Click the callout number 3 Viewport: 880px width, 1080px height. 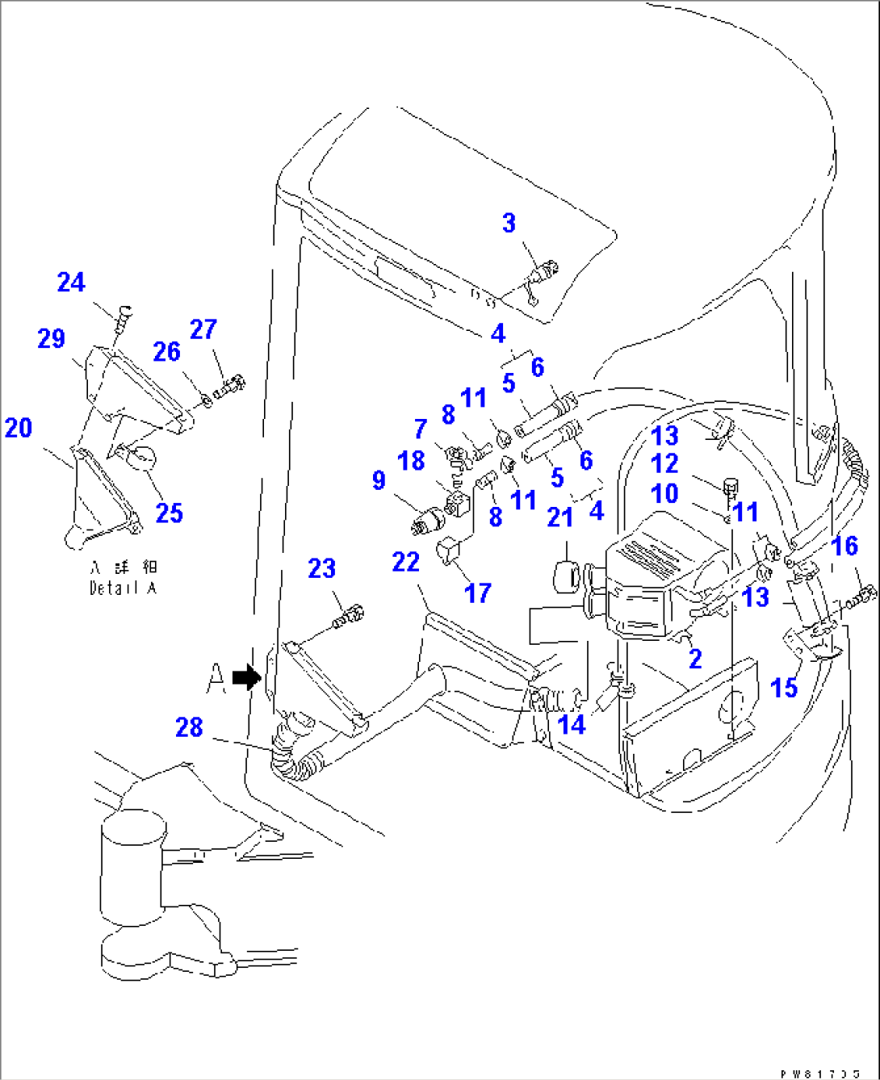[509, 224]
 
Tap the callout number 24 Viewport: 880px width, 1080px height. [71, 283]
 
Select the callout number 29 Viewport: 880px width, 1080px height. [51, 338]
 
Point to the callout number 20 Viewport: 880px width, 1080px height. [19, 428]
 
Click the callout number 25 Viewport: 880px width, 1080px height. [169, 513]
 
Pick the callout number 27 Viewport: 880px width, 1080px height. [203, 329]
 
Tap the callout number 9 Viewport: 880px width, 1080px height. [379, 481]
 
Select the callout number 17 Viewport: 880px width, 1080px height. [477, 593]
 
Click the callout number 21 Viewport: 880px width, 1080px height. [559, 517]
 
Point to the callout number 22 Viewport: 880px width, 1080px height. [406, 562]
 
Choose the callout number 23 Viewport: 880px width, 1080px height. [321, 568]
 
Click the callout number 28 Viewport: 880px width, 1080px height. [189, 727]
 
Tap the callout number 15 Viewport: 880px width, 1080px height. [784, 689]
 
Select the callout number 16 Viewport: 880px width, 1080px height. [844, 546]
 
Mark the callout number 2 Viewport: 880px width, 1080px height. [695, 659]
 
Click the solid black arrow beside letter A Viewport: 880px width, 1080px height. [245, 677]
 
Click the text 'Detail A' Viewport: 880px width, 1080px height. [123, 588]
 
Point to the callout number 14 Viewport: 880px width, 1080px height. [572, 725]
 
